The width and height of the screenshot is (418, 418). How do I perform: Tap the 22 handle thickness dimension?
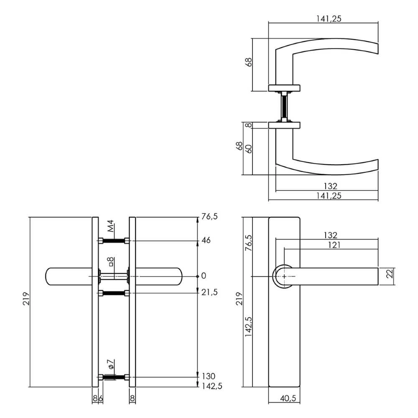coord(389,274)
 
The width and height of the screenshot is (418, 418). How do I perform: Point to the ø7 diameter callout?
coord(110,364)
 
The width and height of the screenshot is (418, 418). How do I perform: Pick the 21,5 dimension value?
coord(209,293)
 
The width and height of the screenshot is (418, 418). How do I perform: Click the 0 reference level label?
coord(204,275)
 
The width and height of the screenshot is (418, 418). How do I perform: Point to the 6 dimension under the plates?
coord(100,398)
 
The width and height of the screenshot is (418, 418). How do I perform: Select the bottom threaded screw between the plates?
coord(114,378)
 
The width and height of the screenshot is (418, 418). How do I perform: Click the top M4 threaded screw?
coord(114,240)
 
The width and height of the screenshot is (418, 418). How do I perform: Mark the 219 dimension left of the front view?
coord(25,302)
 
